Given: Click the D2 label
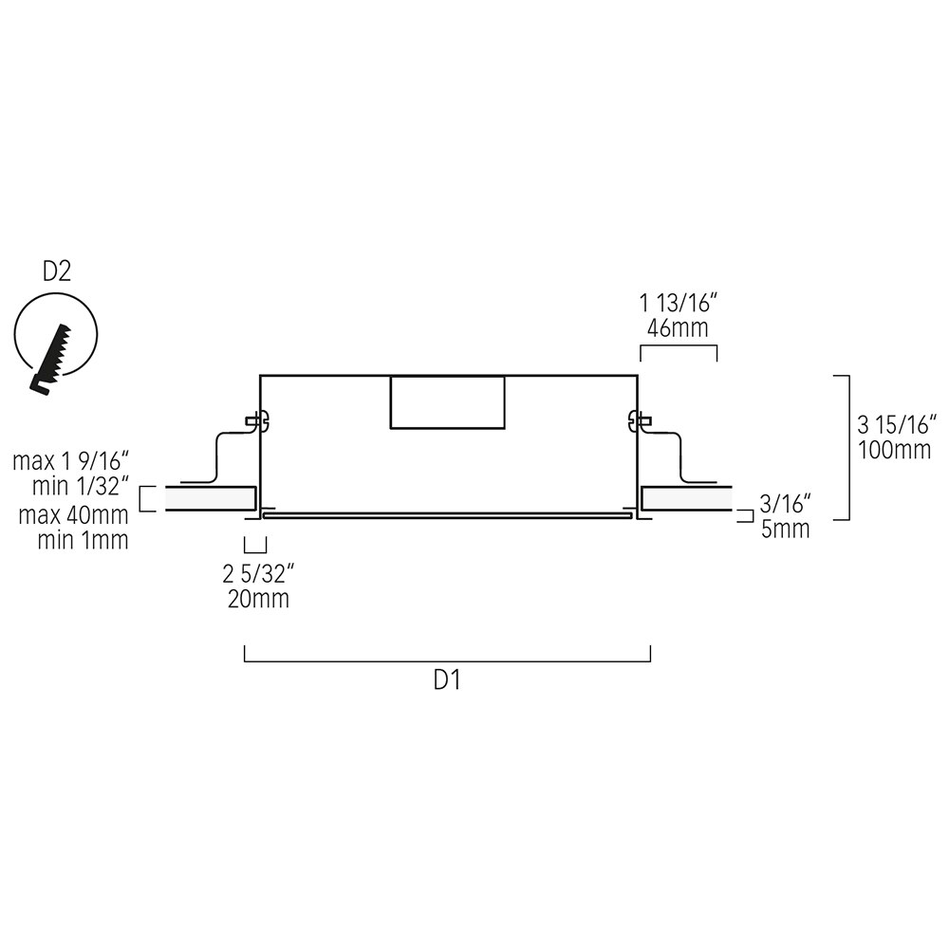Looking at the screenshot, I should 57,272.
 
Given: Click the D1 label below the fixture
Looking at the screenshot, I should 446,680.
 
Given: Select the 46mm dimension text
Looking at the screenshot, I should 678,330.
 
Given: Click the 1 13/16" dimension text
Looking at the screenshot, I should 678,305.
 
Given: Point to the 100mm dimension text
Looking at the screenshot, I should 894,450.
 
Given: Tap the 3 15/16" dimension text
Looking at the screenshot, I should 896,424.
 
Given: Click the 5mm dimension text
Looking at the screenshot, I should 786,530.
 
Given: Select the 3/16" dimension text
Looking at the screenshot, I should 786,504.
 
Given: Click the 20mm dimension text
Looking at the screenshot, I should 257,599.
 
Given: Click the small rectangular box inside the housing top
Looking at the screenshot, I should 447,401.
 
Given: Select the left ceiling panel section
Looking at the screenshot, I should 210,498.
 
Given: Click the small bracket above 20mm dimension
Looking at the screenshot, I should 255,546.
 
